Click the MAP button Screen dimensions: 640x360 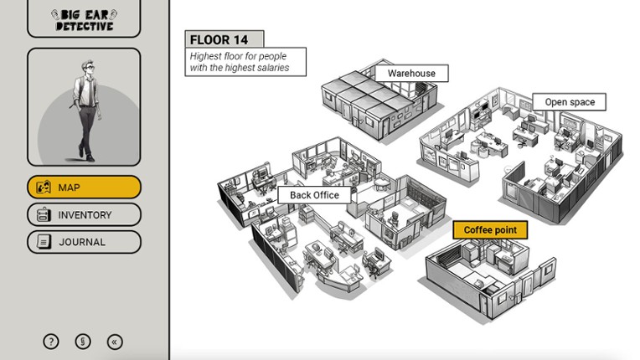click(84, 188)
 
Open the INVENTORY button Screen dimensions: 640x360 click(84, 214)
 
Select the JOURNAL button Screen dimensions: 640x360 click(84, 242)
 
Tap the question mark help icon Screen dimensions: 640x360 click(51, 342)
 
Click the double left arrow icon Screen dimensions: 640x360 click(115, 342)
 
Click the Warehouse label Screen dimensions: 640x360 click(411, 74)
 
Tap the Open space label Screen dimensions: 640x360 click(570, 102)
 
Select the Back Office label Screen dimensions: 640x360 click(314, 195)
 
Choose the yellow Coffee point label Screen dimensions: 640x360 click(490, 230)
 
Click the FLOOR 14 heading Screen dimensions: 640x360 click(219, 40)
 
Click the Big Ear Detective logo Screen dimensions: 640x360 click(84, 20)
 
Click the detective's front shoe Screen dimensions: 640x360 click(90, 158)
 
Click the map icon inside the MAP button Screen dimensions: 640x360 click(44, 188)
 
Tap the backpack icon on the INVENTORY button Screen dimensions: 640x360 click(44, 214)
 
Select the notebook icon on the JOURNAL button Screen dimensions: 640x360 click(44, 242)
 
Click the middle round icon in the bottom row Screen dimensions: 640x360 click(83, 342)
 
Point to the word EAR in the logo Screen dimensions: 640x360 click(96, 15)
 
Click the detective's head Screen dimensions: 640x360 click(87, 67)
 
